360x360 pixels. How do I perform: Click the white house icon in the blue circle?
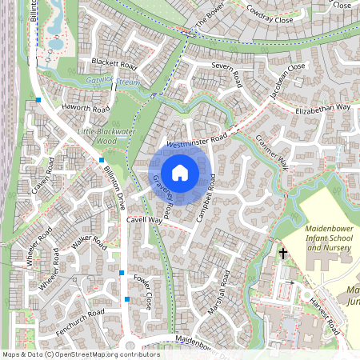(x=180, y=173)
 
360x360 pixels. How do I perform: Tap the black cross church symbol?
(x=282, y=253)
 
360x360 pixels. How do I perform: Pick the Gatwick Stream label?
(x=113, y=81)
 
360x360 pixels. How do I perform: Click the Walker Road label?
(x=90, y=243)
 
